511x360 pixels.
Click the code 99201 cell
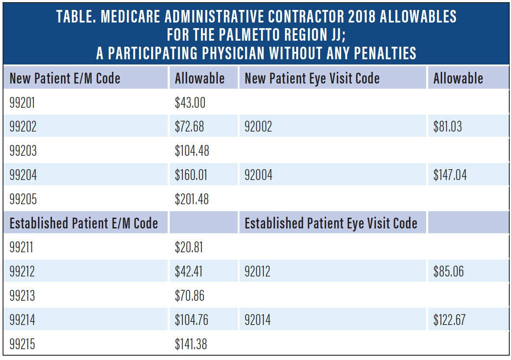(23, 103)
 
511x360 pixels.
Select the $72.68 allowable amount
(189, 127)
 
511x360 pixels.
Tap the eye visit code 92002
(258, 127)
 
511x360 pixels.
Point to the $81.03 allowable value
(447, 127)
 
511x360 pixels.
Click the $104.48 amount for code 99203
(192, 151)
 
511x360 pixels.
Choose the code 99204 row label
(23, 175)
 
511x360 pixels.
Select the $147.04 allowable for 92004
(450, 175)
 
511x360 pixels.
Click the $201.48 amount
(192, 199)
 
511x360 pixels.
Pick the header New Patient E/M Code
(65, 78)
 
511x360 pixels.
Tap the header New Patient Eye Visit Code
(312, 78)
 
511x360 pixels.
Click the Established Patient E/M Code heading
(84, 223)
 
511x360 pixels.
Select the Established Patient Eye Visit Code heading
(331, 223)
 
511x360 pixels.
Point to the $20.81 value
(189, 247)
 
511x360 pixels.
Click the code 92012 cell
(257, 272)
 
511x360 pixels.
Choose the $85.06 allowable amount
(448, 272)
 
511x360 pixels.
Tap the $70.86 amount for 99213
(190, 296)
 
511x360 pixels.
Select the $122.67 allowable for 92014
(449, 320)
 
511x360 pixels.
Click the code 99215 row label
(23, 344)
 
